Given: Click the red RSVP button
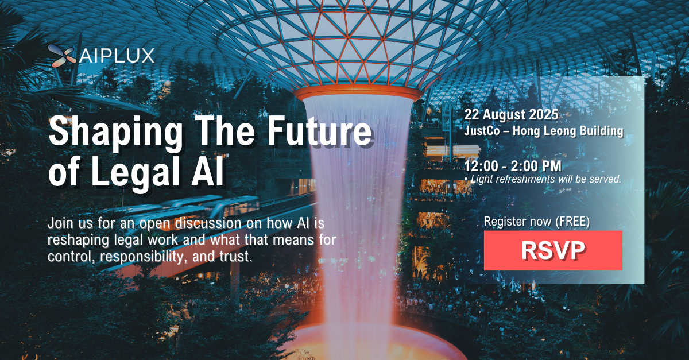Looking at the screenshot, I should point(553,250).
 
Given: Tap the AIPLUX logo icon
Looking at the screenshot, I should point(61,55).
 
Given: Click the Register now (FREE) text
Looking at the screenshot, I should point(537,220).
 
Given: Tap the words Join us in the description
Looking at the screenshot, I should point(69,222).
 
